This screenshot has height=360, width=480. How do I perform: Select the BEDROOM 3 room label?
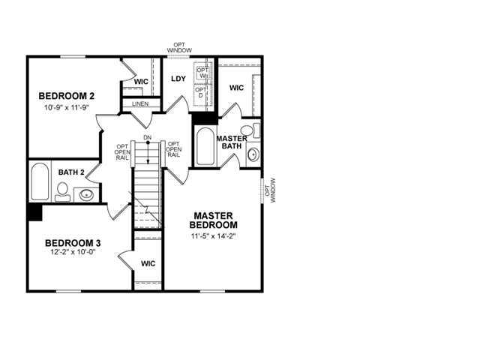click(73, 242)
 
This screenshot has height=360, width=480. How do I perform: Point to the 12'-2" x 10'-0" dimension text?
click(73, 253)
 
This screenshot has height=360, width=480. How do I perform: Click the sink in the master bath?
click(253, 156)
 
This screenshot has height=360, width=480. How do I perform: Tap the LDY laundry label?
click(178, 79)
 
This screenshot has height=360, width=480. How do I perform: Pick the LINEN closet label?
click(139, 104)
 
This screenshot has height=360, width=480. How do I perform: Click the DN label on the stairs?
click(147, 137)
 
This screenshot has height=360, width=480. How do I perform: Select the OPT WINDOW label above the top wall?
click(179, 47)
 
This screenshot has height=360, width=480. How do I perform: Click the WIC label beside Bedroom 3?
click(148, 264)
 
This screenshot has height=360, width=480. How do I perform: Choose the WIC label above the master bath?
click(237, 88)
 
